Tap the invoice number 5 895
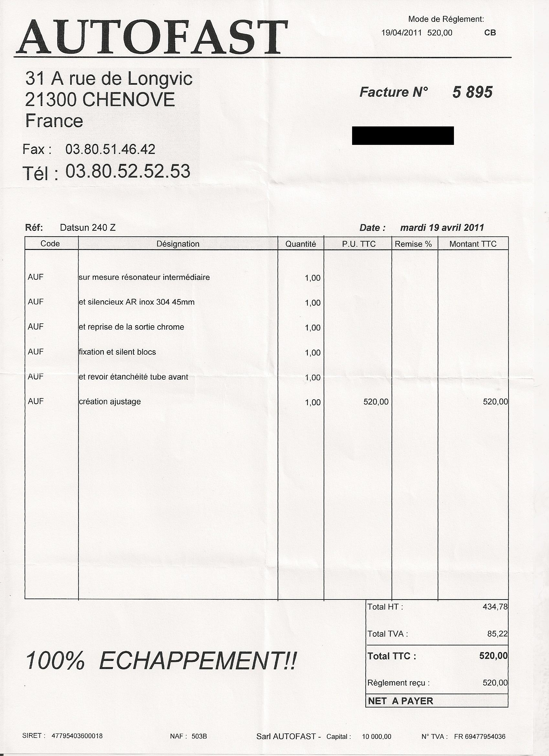click(472, 92)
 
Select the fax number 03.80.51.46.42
click(110, 149)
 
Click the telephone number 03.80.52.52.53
click(128, 171)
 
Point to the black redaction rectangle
click(403, 135)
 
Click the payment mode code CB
click(490, 33)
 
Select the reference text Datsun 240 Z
click(88, 228)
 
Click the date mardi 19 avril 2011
click(442, 228)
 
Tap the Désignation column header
click(178, 244)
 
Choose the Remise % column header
click(413, 244)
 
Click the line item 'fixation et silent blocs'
click(117, 352)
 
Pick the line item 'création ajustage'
click(110, 402)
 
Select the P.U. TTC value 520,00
click(376, 402)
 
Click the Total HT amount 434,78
click(495, 607)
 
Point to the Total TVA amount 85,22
click(497, 634)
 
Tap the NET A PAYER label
click(400, 701)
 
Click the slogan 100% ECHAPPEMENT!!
click(160, 660)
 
